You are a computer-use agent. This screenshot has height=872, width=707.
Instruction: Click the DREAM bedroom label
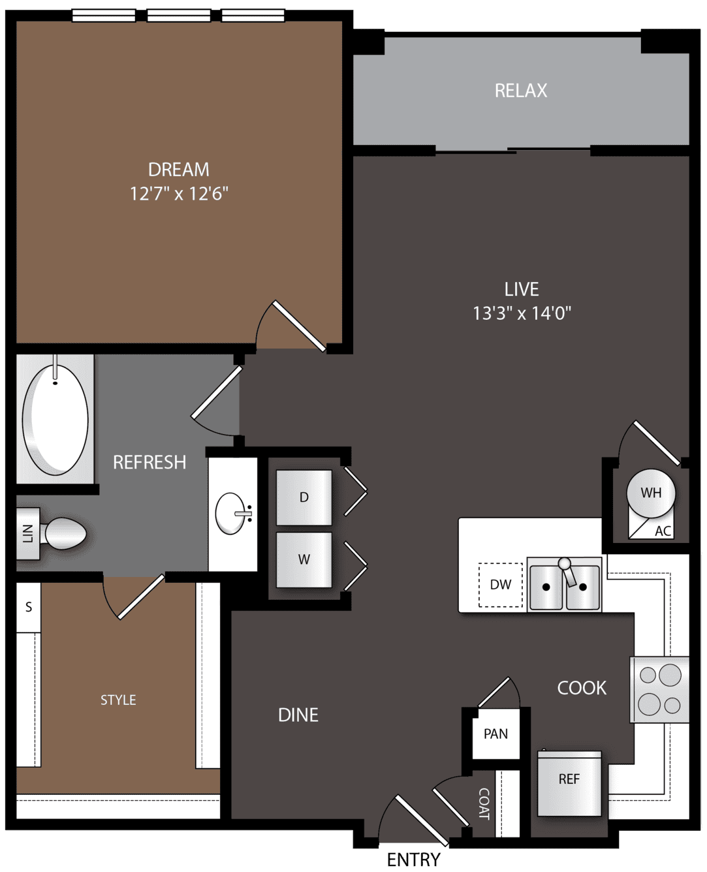[178, 170]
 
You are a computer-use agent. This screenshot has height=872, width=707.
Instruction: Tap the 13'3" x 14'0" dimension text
[522, 313]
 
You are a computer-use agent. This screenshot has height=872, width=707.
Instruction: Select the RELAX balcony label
[521, 91]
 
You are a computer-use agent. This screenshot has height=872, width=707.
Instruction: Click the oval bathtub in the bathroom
[55, 420]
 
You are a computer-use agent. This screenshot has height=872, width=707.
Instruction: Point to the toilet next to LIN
[65, 533]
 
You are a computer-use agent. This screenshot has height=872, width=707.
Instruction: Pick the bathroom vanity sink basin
[230, 514]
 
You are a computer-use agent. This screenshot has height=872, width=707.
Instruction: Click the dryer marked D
[304, 497]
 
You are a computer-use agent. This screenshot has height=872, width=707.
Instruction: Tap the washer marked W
[304, 559]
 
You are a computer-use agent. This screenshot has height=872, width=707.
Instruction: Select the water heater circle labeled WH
[650, 493]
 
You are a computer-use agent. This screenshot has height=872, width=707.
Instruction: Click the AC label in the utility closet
[663, 531]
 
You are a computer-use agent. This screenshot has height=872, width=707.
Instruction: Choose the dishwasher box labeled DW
[501, 585]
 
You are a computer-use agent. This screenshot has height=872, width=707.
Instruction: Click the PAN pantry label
[495, 734]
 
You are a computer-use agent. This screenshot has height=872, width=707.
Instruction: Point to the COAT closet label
[484, 803]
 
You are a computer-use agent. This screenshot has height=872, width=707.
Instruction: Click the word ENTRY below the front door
[413, 860]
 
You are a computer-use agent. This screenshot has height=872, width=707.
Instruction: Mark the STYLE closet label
[118, 700]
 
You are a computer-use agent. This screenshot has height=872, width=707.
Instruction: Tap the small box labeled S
[29, 607]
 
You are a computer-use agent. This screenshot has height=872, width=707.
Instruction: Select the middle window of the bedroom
[179, 16]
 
